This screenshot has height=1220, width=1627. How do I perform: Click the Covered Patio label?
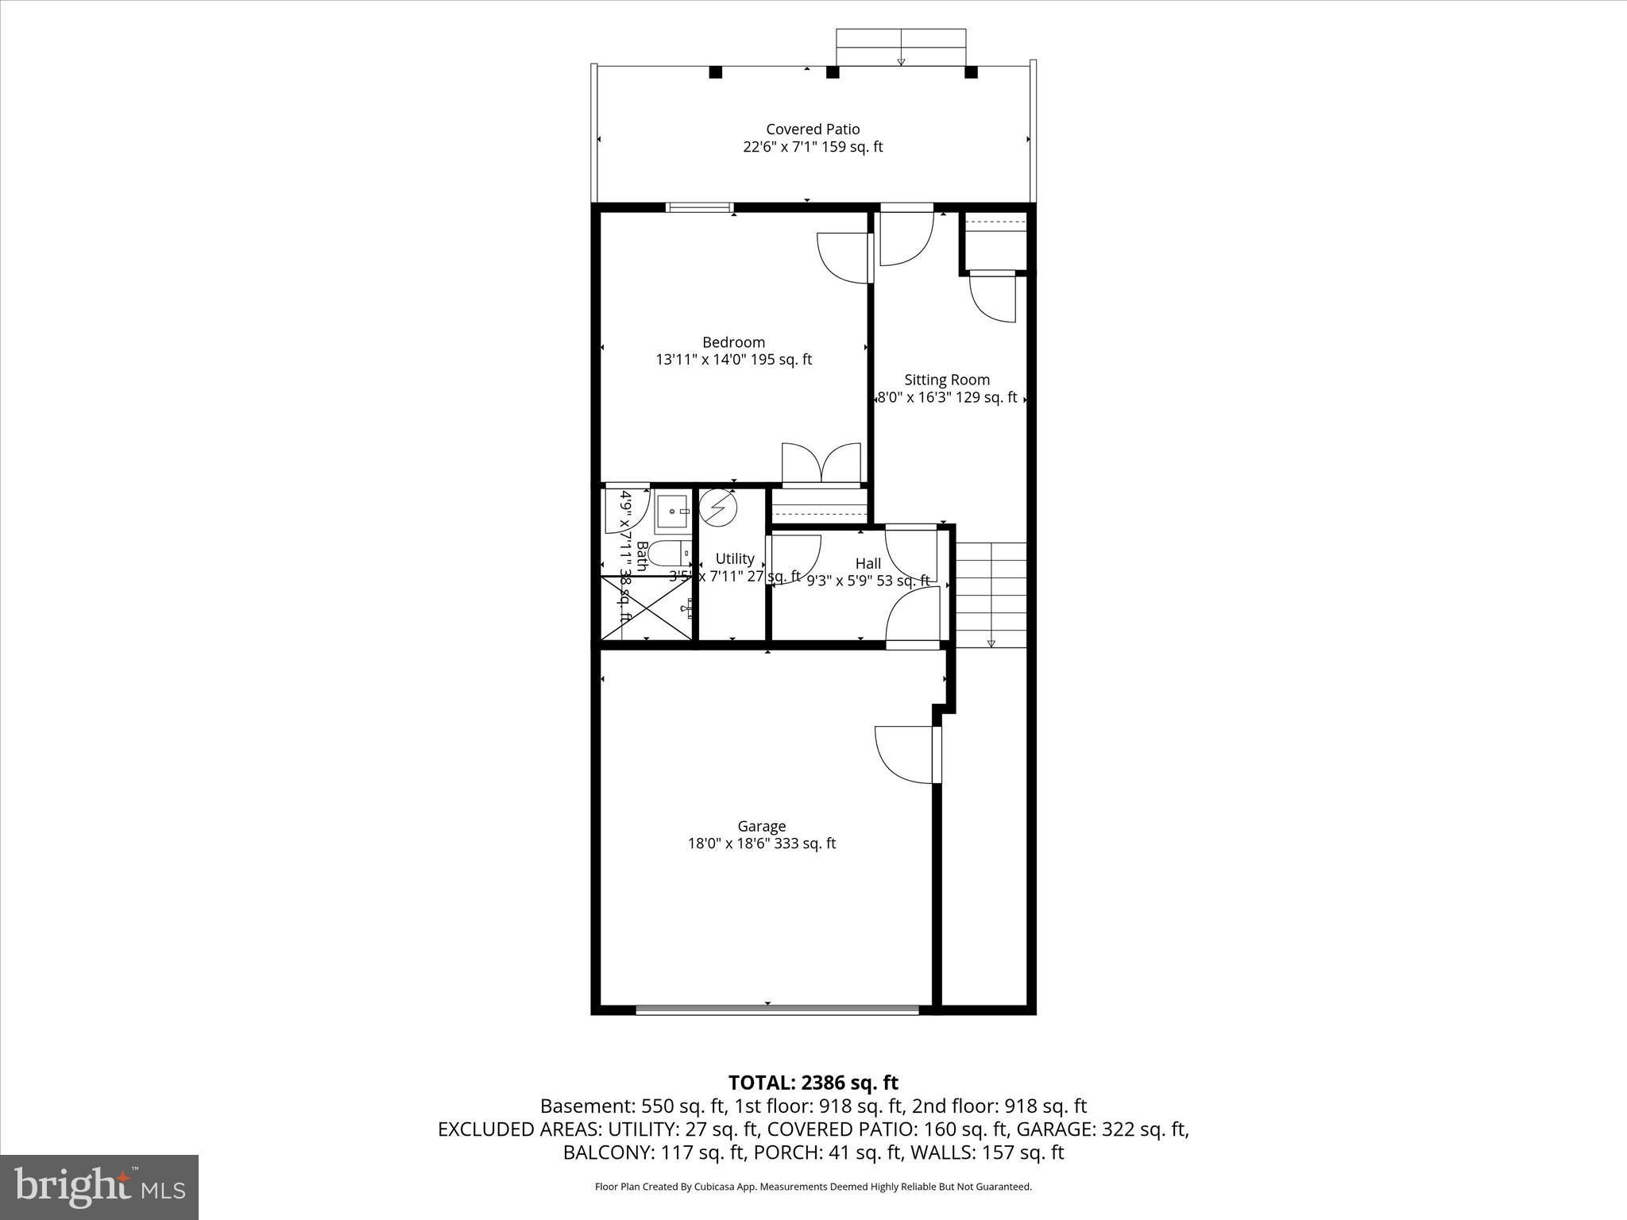(x=813, y=129)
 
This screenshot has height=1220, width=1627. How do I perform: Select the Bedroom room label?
(x=733, y=342)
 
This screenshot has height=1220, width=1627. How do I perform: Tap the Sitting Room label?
(x=947, y=380)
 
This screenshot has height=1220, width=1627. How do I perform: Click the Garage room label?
(x=761, y=826)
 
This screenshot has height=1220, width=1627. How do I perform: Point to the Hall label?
(x=868, y=563)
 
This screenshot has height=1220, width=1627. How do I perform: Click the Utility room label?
(x=734, y=558)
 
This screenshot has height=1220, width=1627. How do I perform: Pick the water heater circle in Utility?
(x=718, y=507)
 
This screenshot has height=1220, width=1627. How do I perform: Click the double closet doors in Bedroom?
(x=821, y=465)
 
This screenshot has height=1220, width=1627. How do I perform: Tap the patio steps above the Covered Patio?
(x=901, y=48)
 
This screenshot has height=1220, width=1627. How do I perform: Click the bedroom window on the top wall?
(x=699, y=208)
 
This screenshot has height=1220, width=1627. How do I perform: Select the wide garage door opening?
(x=777, y=1010)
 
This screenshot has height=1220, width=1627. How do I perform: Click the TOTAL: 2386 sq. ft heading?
(x=813, y=1083)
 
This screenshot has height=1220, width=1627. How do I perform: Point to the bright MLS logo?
(x=99, y=1186)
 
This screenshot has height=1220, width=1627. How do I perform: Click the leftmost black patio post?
(x=715, y=72)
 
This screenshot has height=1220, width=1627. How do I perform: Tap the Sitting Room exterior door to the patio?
(x=906, y=235)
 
